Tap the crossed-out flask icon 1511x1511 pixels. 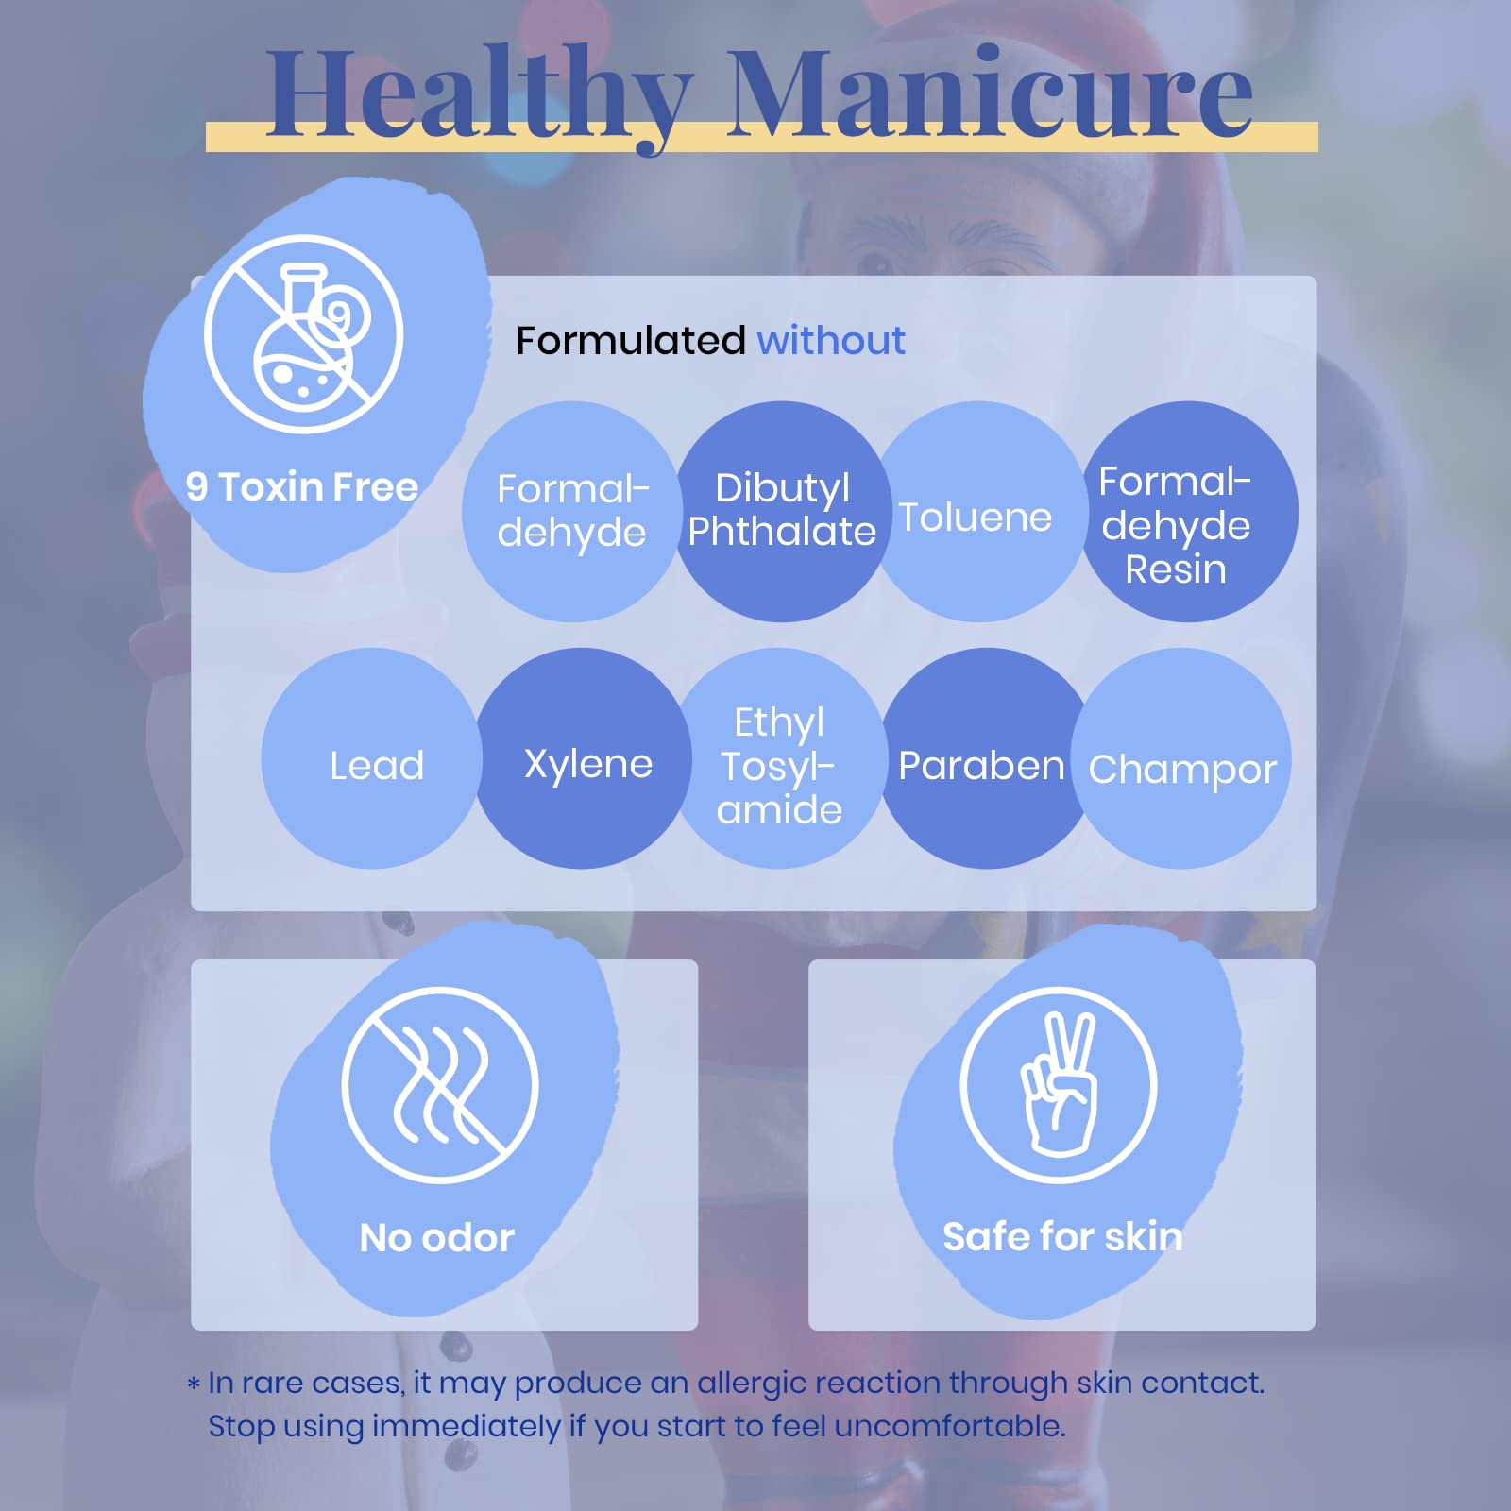pos(303,333)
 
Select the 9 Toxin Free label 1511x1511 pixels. pos(302,487)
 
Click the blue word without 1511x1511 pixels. pos(831,340)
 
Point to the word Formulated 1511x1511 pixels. pos(631,340)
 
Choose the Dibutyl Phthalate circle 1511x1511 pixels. pos(782,511)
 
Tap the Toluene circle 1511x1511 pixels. pos(980,511)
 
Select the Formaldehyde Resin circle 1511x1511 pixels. pos(1187,511)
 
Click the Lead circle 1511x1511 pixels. pos(372,758)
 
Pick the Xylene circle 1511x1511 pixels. pos(585,758)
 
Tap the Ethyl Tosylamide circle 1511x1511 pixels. pos(780,758)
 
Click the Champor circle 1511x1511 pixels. pos(1180,758)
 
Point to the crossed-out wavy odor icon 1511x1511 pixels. pos(440,1085)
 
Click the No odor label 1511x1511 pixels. pos(437,1237)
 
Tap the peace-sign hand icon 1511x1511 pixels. pos(1059,1085)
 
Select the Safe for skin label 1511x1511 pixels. pos(1062,1236)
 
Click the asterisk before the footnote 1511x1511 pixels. pos(194,1384)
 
